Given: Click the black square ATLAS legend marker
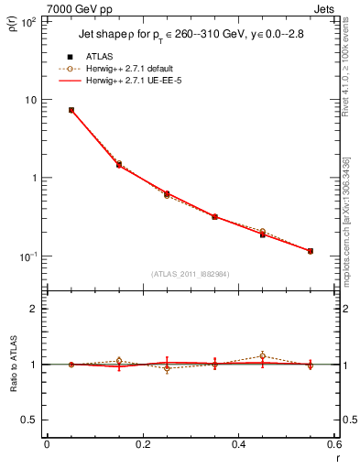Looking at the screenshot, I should [71, 57].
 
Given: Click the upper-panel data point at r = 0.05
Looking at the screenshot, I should [71, 110].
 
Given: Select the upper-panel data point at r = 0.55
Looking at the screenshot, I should [311, 251].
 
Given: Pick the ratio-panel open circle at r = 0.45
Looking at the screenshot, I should [263, 355].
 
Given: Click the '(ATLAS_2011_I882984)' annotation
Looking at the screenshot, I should [191, 274].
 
